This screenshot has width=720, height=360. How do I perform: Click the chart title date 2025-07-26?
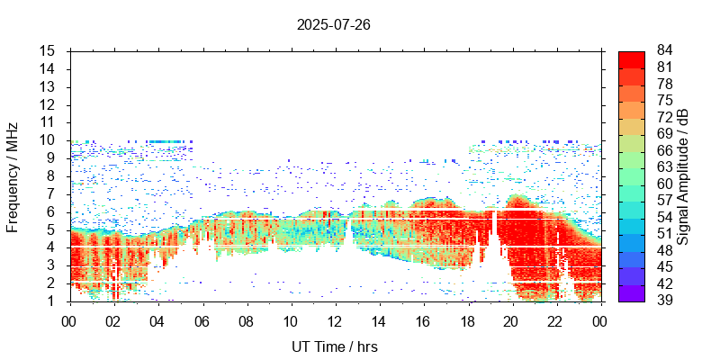334,24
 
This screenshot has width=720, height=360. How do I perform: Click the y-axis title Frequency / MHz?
13,175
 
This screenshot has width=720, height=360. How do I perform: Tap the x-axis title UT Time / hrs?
334,346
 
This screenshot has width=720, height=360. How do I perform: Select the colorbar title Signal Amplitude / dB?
683,175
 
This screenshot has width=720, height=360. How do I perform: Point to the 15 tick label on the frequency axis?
49,50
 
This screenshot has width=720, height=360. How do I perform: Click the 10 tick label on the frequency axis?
49,139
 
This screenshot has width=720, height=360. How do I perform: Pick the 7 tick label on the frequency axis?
52,193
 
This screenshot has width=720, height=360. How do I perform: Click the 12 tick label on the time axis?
334,320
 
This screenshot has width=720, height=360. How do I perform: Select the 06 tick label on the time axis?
202,320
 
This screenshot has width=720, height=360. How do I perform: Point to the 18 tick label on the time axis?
467,320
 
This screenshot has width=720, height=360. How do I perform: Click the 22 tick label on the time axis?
555,320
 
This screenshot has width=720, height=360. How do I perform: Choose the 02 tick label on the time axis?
113,320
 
